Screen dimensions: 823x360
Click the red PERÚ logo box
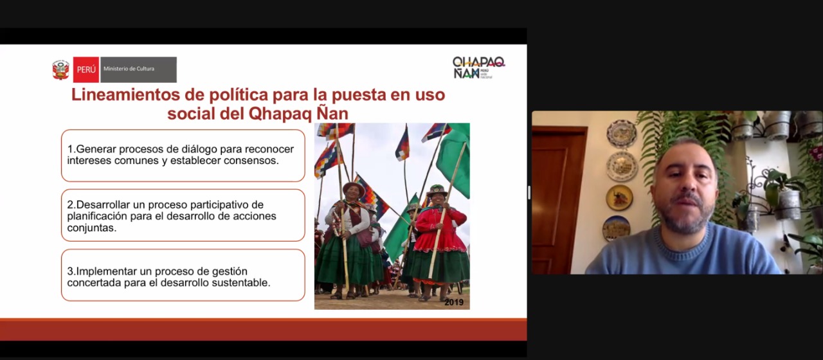pyautogui.click(x=86, y=69)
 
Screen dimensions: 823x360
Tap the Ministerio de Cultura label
pyautogui.click(x=129, y=69)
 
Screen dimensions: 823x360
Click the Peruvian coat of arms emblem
pyautogui.click(x=60, y=70)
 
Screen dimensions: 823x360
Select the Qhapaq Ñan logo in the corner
pyautogui.click(x=479, y=67)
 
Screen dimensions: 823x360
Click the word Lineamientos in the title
pyautogui.click(x=125, y=94)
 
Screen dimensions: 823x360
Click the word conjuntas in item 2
pyautogui.click(x=91, y=228)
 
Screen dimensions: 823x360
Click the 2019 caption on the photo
pyautogui.click(x=454, y=302)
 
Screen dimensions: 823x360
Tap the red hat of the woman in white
pyautogui.click(x=354, y=188)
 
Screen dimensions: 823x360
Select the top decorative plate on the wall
pyautogui.click(x=622, y=134)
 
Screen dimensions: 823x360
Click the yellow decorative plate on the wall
pyautogui.click(x=619, y=197)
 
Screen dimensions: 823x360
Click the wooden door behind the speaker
pyautogui.click(x=559, y=200)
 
